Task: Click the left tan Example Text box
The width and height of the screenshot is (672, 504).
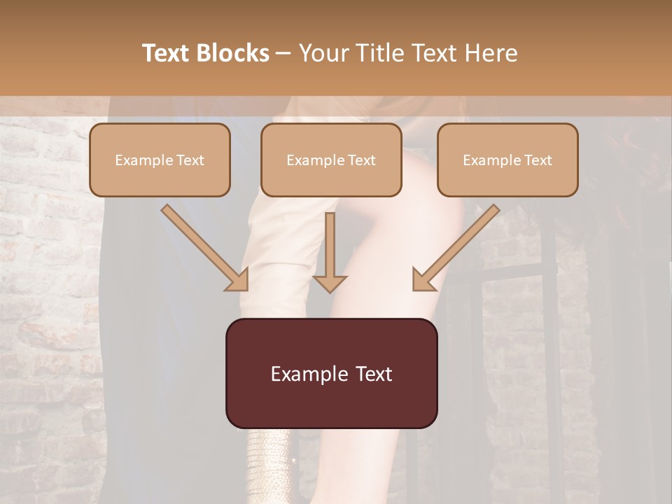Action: [x=160, y=160]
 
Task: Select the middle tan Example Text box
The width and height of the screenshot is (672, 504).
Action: [x=331, y=160]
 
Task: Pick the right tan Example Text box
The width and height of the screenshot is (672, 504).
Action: [x=507, y=160]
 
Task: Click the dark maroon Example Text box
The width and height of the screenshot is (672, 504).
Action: [x=331, y=373]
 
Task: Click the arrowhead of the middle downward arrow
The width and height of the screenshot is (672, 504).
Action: [x=330, y=283]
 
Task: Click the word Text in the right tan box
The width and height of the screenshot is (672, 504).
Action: [x=538, y=160]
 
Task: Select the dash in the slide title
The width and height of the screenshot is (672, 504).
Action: [x=283, y=53]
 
